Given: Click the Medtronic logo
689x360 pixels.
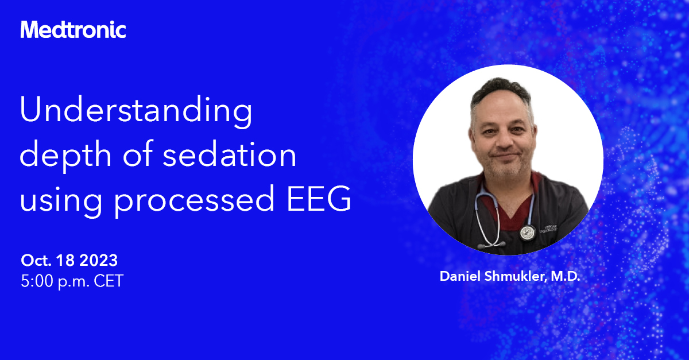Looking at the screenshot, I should pos(73,29).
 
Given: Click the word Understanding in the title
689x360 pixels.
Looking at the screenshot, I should pos(136,112).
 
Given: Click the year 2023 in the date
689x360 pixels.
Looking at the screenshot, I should pos(98,260).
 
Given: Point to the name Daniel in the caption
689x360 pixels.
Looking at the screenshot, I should pos(459,276).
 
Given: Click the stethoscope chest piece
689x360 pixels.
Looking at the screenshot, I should pos(526,233).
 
